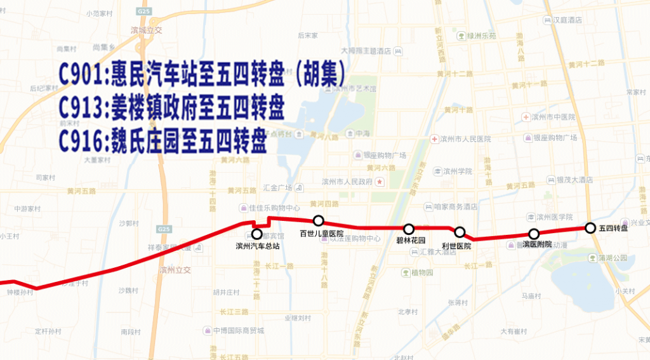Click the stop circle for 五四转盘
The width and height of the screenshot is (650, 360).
pyautogui.click(x=590, y=228)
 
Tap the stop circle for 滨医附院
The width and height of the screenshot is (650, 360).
pyautogui.click(x=534, y=234)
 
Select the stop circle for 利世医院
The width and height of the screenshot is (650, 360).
pyautogui.click(x=460, y=232)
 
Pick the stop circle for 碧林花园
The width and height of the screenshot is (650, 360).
pyautogui.click(x=409, y=229)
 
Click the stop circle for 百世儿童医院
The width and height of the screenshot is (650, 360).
pyautogui.click(x=319, y=220)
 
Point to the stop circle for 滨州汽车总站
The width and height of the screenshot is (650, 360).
pyautogui.click(x=257, y=234)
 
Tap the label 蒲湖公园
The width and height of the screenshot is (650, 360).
pyautogui.click(x=612, y=258)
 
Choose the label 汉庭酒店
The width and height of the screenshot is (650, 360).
pyautogui.click(x=567, y=20)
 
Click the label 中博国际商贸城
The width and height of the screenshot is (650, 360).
pyautogui.click(x=238, y=330)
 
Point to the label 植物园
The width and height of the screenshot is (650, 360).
pyautogui.click(x=421, y=272)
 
